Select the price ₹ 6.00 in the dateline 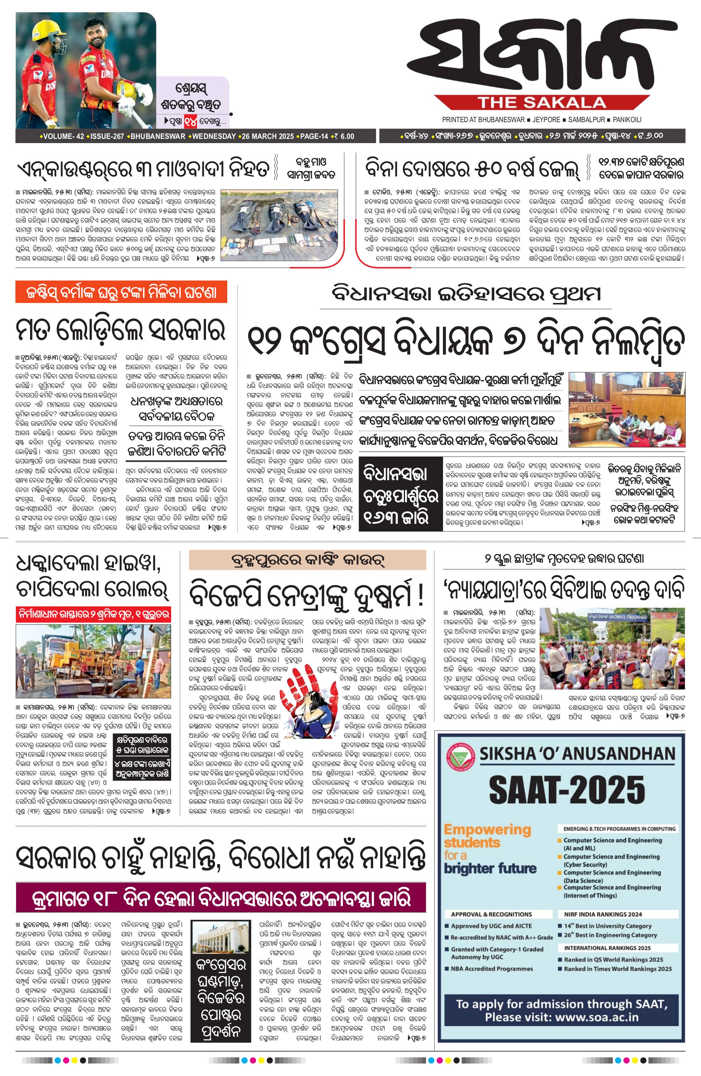[x=343, y=136]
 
